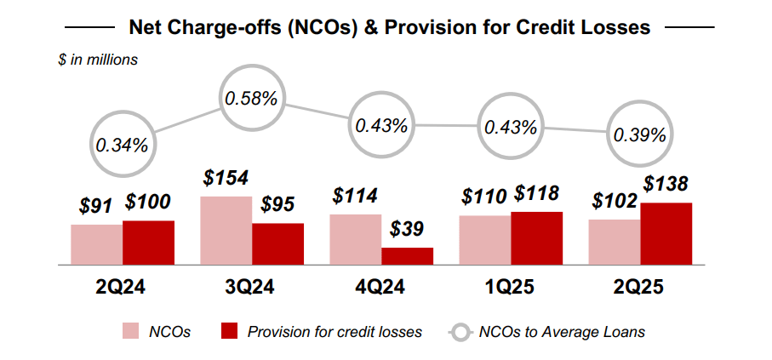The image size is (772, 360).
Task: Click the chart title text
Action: click(x=389, y=27)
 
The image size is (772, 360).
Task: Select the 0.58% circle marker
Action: click(x=251, y=98)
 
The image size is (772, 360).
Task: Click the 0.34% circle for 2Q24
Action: click(x=122, y=145)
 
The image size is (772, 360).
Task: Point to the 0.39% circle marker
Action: click(x=640, y=135)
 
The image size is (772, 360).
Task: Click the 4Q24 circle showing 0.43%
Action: click(x=381, y=125)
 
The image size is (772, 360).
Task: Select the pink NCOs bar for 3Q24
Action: click(x=226, y=231)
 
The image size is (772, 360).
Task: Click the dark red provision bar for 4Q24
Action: click(x=407, y=256)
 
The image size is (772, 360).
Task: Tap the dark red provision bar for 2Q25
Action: click(x=666, y=234)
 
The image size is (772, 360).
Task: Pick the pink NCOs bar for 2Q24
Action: click(x=96, y=244)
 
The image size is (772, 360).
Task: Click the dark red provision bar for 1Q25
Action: click(x=536, y=238)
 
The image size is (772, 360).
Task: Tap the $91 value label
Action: click(x=97, y=206)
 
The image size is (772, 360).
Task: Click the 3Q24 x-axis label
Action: click(x=251, y=288)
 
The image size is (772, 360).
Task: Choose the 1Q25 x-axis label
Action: click(x=511, y=288)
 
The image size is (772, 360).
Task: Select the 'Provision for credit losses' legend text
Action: click(x=335, y=332)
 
